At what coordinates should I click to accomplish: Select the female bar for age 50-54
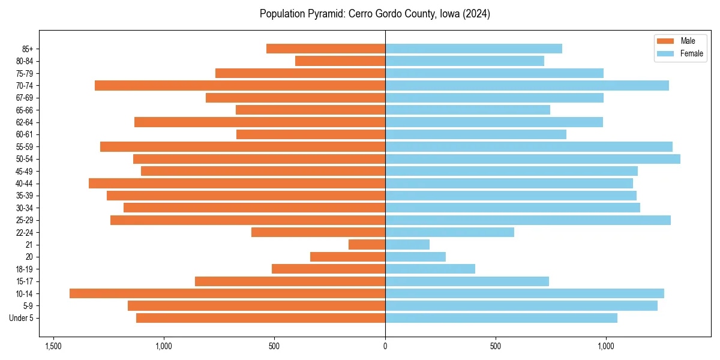pos(532,159)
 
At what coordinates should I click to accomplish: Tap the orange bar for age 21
pos(367,245)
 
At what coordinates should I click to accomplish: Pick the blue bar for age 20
pos(415,257)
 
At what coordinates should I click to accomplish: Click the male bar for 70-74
pos(239,85)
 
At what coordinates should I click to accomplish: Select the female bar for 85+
pos(473,49)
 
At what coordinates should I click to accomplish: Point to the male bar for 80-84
pos(340,61)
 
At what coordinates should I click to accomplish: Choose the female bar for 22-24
pos(449,232)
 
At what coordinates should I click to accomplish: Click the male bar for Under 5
pos(260,318)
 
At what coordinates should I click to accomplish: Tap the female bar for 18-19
pos(430,269)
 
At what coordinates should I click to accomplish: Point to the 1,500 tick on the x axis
pos(53,346)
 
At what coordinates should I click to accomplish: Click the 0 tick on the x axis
pos(385,346)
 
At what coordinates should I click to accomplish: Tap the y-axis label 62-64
pos(25,122)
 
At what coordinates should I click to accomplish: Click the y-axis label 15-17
pos(25,281)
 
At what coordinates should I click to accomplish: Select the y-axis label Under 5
pos(22,318)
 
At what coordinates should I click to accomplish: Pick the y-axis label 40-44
pos(25,184)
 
